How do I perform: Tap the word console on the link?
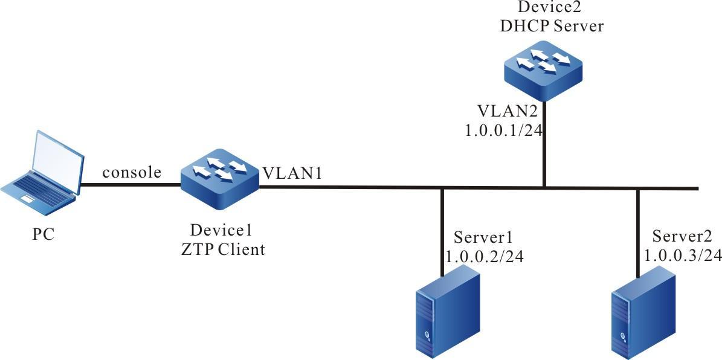pyautogui.click(x=132, y=173)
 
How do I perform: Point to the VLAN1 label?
pyautogui.click(x=292, y=173)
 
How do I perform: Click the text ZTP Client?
pyautogui.click(x=223, y=249)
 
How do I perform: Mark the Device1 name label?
pyautogui.click(x=221, y=231)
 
